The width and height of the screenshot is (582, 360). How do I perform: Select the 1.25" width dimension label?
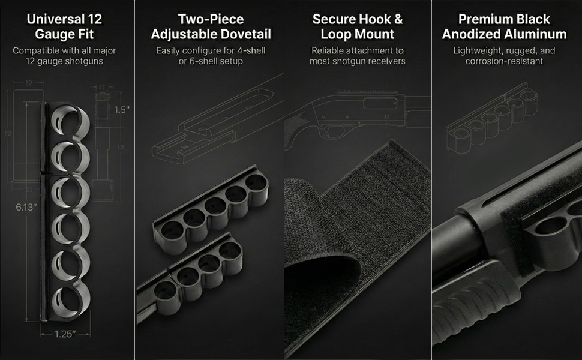coord(65,334)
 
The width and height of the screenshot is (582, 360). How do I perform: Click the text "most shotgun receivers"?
coord(358,61)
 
